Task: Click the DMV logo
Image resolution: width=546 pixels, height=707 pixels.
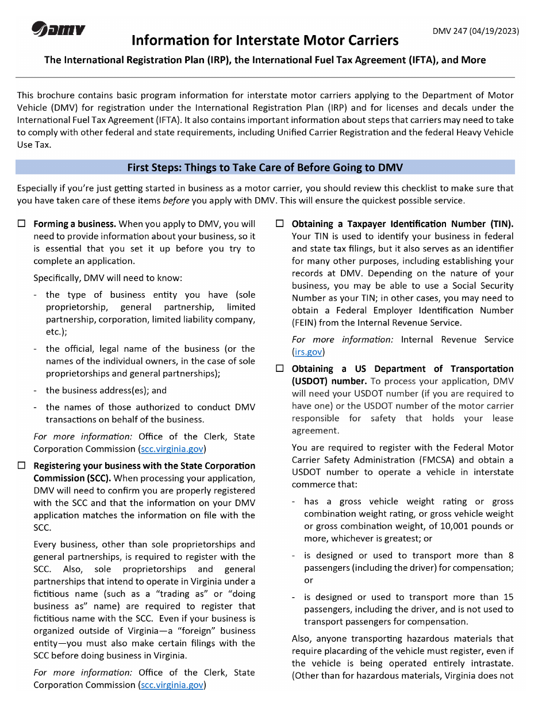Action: [x=59, y=29]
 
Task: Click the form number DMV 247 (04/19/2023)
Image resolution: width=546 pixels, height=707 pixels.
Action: [x=475, y=30]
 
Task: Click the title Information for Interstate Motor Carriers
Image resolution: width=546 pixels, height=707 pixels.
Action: [x=265, y=40]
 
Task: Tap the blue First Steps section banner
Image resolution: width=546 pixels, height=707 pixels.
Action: [x=265, y=167]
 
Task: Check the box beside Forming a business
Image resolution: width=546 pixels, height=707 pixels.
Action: [x=22, y=224]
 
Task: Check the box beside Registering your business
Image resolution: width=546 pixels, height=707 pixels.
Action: [x=22, y=466]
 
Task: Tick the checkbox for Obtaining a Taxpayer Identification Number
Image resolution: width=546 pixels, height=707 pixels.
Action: [x=280, y=224]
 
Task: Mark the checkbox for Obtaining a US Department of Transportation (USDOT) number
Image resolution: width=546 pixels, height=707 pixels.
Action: [x=280, y=368]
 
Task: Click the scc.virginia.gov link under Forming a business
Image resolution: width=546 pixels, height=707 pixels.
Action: [x=172, y=449]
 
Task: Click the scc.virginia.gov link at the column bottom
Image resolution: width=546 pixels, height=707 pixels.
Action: [x=172, y=685]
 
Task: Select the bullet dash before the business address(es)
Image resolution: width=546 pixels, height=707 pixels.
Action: [x=36, y=390]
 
